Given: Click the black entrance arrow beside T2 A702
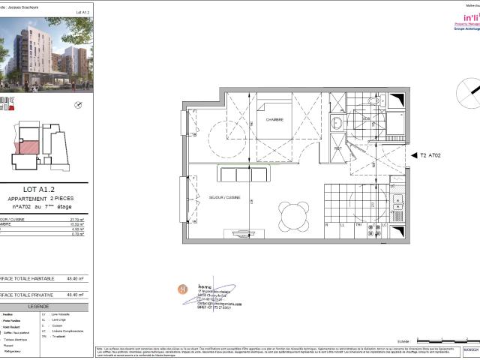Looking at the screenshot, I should tap(415, 155).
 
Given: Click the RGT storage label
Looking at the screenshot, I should tap(338, 148).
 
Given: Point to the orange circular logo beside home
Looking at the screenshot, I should tap(181, 288).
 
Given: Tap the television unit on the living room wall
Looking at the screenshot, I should tap(247, 234).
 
